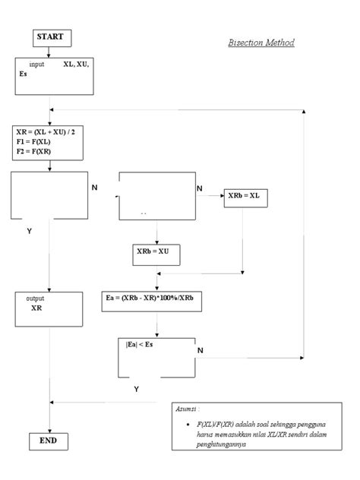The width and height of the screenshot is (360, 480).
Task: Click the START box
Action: point(51,37)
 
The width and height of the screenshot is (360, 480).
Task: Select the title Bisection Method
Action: point(261,43)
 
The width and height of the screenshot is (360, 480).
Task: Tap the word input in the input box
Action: point(37,65)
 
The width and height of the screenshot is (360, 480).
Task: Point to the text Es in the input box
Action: point(24,74)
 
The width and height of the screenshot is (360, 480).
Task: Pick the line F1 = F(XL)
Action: point(35,141)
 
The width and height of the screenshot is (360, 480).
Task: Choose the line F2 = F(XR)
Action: point(35,151)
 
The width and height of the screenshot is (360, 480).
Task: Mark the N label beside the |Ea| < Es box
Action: point(201,350)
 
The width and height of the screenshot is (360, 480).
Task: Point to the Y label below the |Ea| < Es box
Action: point(137,389)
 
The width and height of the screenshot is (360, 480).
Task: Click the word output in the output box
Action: point(35,298)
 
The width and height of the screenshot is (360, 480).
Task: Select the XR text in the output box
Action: point(36,309)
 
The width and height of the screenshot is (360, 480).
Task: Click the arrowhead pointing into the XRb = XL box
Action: point(220,195)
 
